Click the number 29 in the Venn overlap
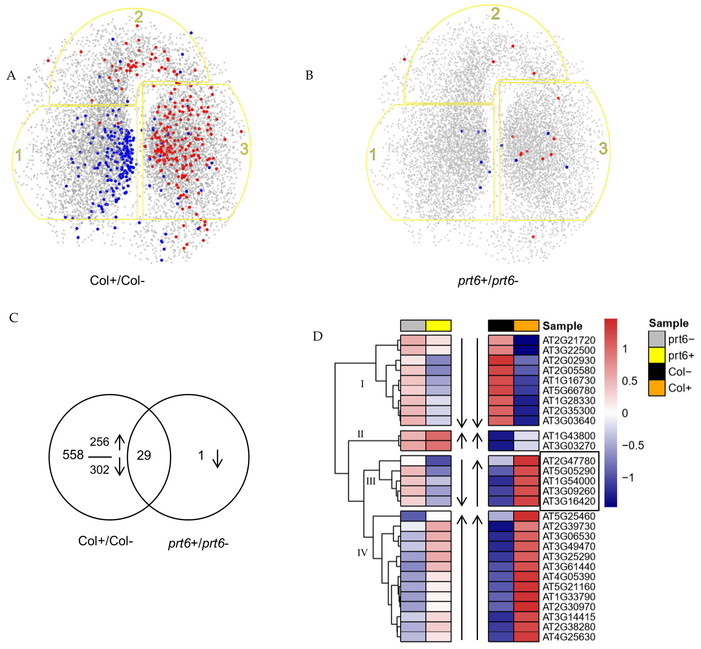144,455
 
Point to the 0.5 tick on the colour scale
629,381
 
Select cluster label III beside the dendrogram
371,481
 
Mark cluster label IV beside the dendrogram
362,553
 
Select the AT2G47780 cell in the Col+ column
526,461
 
